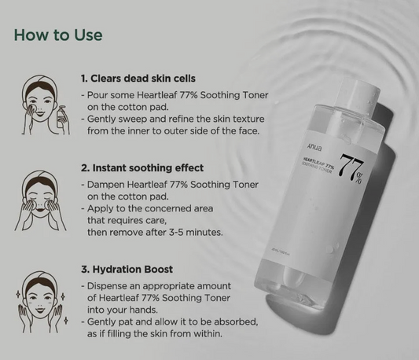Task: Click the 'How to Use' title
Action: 58,36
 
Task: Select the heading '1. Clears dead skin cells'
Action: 138,79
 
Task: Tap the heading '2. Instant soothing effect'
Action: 142,167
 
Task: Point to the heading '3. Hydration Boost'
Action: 128,270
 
